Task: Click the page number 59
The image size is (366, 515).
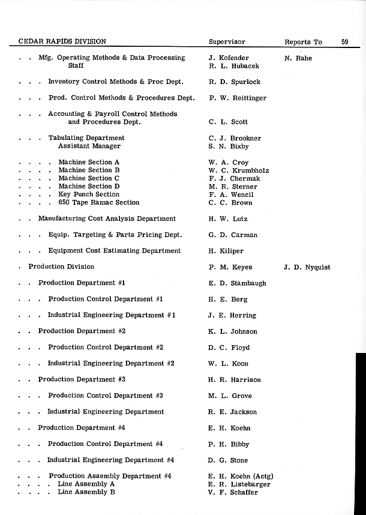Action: pyautogui.click(x=345, y=42)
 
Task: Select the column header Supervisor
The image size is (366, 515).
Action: pyautogui.click(x=227, y=42)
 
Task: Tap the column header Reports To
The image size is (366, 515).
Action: pyautogui.click(x=303, y=42)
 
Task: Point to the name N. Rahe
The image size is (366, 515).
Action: pyautogui.click(x=298, y=58)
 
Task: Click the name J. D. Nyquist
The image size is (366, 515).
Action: pyautogui.click(x=307, y=267)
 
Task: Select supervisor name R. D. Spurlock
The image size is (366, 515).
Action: pyautogui.click(x=235, y=82)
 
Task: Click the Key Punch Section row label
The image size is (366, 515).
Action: pyautogui.click(x=89, y=194)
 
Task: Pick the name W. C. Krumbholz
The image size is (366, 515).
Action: pyautogui.click(x=239, y=170)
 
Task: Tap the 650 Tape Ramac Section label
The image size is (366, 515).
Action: pyautogui.click(x=98, y=203)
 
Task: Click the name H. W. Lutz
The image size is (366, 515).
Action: pyautogui.click(x=228, y=219)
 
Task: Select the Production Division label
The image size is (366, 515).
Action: pyautogui.click(x=61, y=267)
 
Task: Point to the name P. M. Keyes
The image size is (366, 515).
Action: pyautogui.click(x=230, y=267)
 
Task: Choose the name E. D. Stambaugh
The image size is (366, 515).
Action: pyautogui.click(x=237, y=283)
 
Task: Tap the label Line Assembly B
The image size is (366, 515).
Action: pyautogui.click(x=86, y=492)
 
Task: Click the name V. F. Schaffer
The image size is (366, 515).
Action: pyautogui.click(x=233, y=492)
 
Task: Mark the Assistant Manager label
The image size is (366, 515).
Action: pyautogui.click(x=89, y=146)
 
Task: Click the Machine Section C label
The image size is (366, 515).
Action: pyautogui.click(x=89, y=178)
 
